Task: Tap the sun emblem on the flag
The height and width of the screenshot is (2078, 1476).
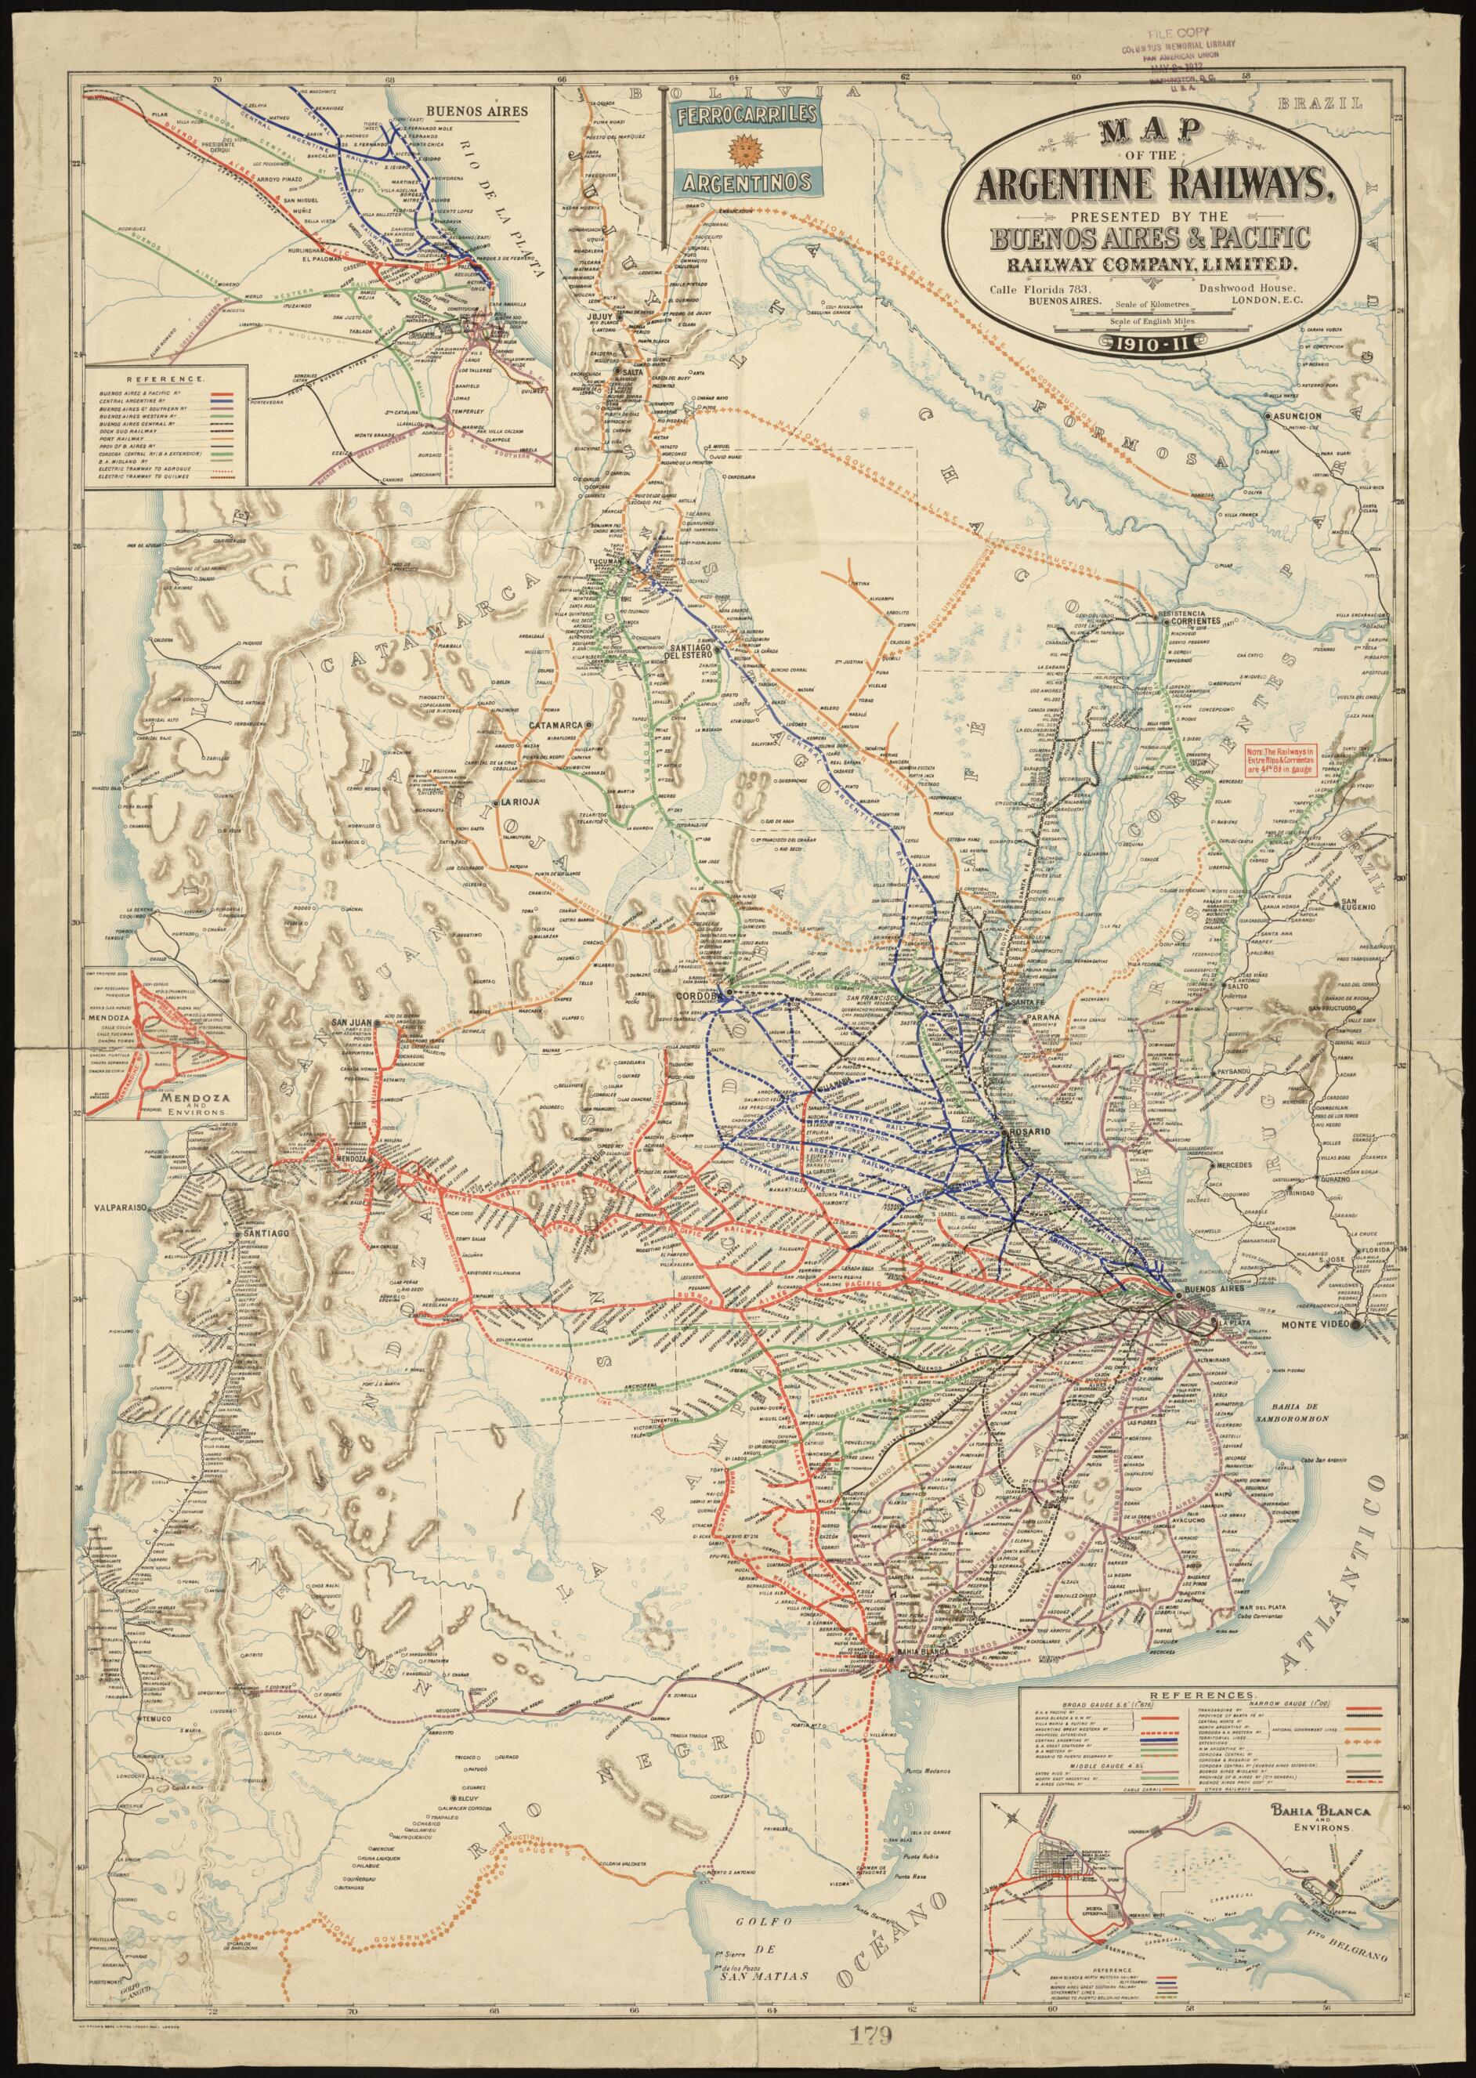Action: [745, 147]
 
